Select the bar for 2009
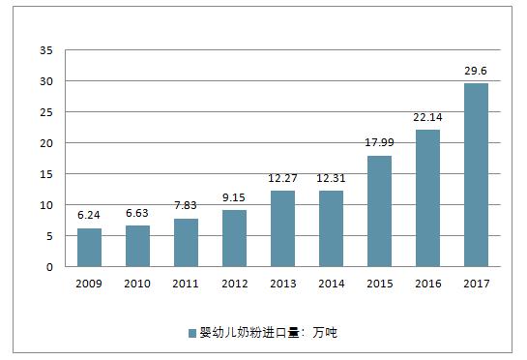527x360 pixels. [89, 248]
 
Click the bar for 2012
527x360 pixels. [234, 238]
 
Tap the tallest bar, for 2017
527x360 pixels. [476, 175]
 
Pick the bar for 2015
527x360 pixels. [379, 211]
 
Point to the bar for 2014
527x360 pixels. [331, 228]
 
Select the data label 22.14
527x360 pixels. [427, 116]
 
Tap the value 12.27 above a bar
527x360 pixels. [282, 177]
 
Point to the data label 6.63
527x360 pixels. [137, 212]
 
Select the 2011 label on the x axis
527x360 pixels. [186, 283]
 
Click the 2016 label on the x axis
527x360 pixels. [427, 283]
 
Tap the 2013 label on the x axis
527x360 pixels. [282, 283]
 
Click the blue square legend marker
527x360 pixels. [192, 333]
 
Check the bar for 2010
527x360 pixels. [137, 247]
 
